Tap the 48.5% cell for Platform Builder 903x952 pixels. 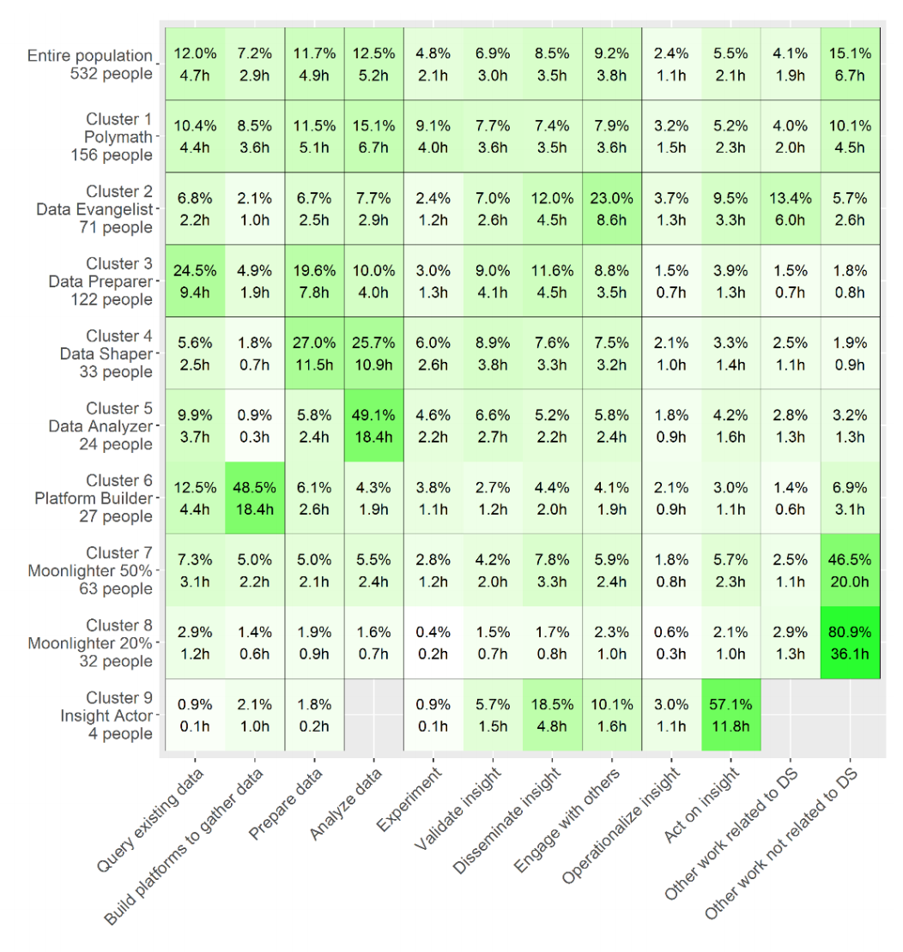[x=256, y=498]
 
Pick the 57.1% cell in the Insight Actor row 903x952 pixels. [x=730, y=715]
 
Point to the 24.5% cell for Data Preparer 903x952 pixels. [x=196, y=281]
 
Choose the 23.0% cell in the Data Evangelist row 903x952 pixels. [x=611, y=209]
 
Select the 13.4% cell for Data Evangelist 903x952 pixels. [x=790, y=209]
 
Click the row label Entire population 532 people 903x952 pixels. [x=90, y=64]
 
